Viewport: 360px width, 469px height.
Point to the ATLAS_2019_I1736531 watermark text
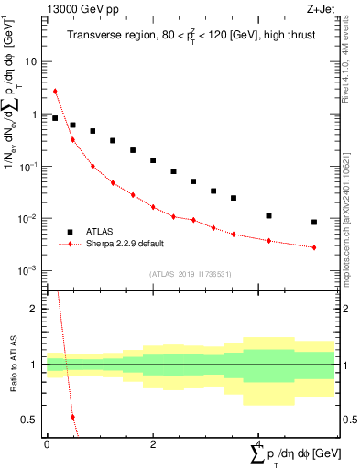pos(190,274)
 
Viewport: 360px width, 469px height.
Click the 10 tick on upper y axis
pos(33,62)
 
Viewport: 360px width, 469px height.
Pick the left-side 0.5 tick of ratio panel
pos(33,420)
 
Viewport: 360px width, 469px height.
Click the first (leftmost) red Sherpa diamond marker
pos(55,91)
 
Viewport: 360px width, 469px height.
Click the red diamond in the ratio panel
pos(73,417)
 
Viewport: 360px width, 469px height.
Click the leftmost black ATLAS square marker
pos(55,118)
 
